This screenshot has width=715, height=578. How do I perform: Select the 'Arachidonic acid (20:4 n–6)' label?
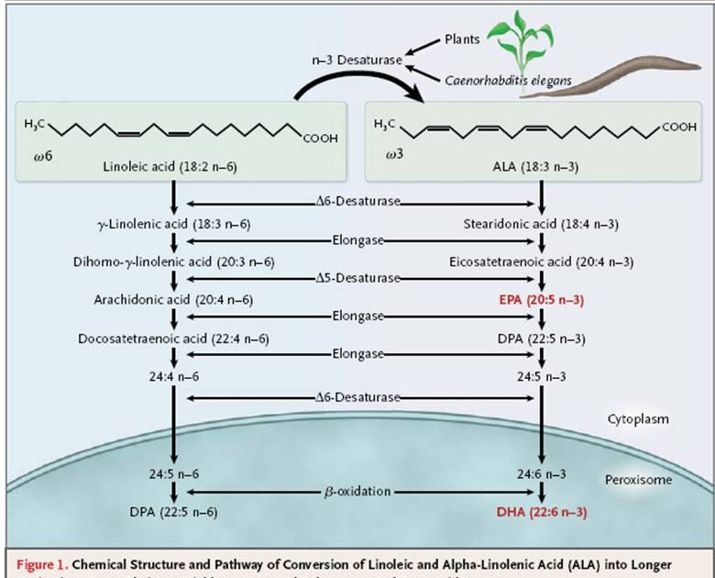(173, 299)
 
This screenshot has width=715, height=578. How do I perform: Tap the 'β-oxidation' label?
(357, 492)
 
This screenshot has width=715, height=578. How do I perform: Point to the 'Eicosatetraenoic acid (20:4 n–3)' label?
(544, 262)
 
